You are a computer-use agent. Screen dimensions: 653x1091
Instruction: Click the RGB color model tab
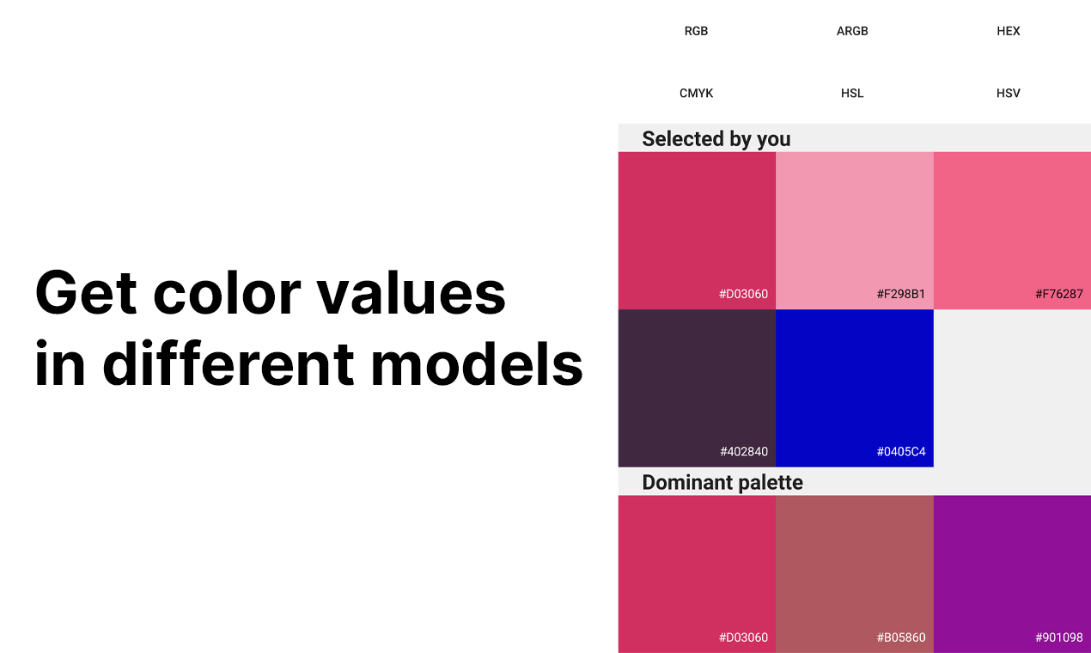pyautogui.click(x=696, y=31)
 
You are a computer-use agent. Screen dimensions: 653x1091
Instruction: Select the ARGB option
pyautogui.click(x=852, y=31)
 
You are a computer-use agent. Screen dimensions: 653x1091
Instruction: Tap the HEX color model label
pyautogui.click(x=1008, y=31)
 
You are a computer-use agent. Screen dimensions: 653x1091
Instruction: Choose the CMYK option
pyautogui.click(x=696, y=93)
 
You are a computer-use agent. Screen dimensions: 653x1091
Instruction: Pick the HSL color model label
pyautogui.click(x=852, y=93)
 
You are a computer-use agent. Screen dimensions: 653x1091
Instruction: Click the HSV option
pyautogui.click(x=1008, y=93)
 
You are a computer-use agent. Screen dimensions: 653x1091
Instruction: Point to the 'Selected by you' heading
pyautogui.click(x=716, y=138)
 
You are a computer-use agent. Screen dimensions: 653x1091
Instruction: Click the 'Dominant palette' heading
pyautogui.click(x=722, y=482)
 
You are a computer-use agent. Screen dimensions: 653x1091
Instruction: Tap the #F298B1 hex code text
pyautogui.click(x=900, y=294)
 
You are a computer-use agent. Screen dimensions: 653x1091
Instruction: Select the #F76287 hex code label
pyautogui.click(x=1058, y=294)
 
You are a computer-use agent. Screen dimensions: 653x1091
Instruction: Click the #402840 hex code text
pyautogui.click(x=743, y=451)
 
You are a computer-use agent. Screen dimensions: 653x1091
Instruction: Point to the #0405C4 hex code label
pyautogui.click(x=900, y=451)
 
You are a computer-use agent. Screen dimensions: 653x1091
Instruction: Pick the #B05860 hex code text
pyautogui.click(x=900, y=638)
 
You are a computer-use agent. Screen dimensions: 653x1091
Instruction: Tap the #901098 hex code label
pyautogui.click(x=1058, y=638)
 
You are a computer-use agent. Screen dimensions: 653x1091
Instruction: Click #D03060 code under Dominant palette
pyautogui.click(x=743, y=638)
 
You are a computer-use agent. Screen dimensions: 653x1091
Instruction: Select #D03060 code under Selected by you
pyautogui.click(x=743, y=294)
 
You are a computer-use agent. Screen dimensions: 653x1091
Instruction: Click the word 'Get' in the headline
pyautogui.click(x=86, y=293)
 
